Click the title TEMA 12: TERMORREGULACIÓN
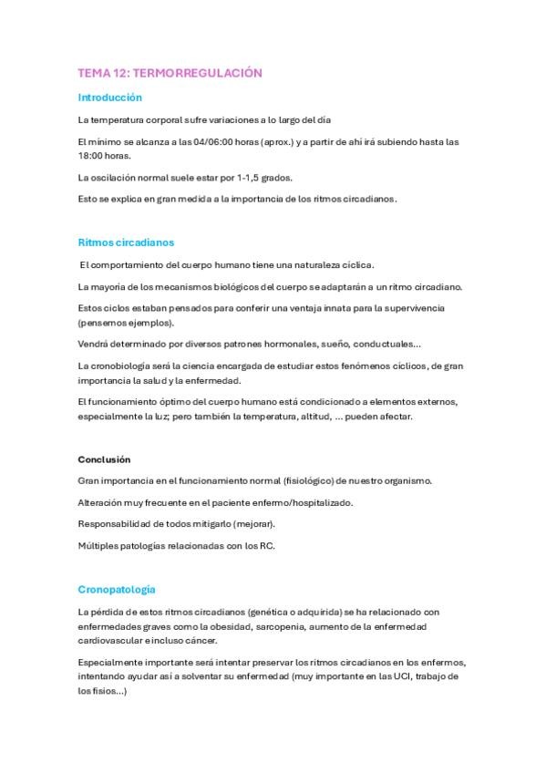pos(170,72)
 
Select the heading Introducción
pos(110,97)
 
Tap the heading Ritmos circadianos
pos(126,242)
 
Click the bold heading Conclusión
pos(104,459)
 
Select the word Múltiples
pos(98,546)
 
